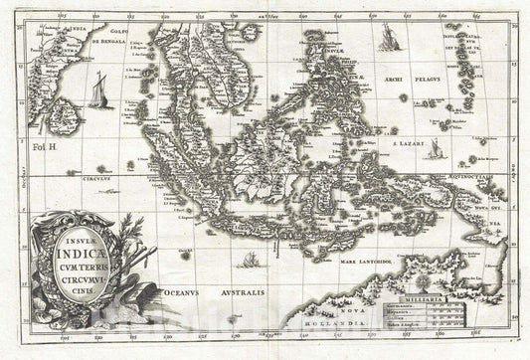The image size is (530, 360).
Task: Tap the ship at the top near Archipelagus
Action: coord(388,40)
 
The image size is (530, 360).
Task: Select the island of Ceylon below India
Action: coord(52,121)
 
